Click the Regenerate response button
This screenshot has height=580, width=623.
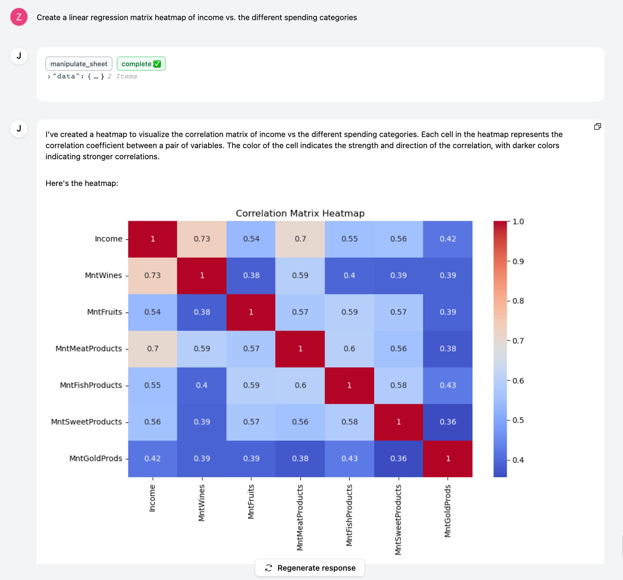coord(310,568)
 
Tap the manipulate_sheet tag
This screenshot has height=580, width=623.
coord(79,64)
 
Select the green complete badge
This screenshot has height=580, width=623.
coord(141,64)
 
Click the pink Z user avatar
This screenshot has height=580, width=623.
coord(19,17)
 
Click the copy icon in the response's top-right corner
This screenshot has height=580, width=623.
coord(597,127)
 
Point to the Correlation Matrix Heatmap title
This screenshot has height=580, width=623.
coord(300,213)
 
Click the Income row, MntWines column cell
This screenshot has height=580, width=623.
coord(202,239)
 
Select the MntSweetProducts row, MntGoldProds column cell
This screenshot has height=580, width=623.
coord(447,422)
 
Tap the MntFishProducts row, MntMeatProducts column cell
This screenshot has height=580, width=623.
coord(300,385)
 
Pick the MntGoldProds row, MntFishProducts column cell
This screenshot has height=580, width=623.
coord(349,459)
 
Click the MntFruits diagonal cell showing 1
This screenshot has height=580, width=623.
coord(251,312)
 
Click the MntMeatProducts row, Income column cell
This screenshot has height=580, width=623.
coord(153,349)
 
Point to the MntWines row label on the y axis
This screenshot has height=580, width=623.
coord(103,275)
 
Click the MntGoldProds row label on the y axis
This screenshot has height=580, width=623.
coord(96,459)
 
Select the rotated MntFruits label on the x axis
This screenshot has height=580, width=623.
coord(251,502)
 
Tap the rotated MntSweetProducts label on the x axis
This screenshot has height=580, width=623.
coord(398,519)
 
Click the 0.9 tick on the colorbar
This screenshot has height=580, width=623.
coord(518,262)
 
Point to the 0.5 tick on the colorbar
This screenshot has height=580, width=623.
coord(518,420)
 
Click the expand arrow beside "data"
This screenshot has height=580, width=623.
coord(49,77)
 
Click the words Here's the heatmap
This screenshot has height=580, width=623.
coord(82,183)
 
